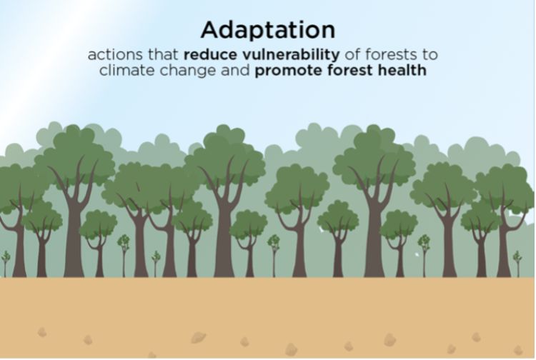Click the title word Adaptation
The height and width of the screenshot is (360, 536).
[268, 31]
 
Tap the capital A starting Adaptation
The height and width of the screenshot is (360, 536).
[211, 30]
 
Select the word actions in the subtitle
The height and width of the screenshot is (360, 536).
[115, 54]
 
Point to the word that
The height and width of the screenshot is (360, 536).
[163, 54]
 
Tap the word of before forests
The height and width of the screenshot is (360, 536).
[353, 54]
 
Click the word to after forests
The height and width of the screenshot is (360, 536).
[430, 55]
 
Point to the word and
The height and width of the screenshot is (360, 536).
[235, 70]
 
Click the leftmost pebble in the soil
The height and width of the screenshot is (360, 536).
[42, 332]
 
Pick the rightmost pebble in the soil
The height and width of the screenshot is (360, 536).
[518, 350]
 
